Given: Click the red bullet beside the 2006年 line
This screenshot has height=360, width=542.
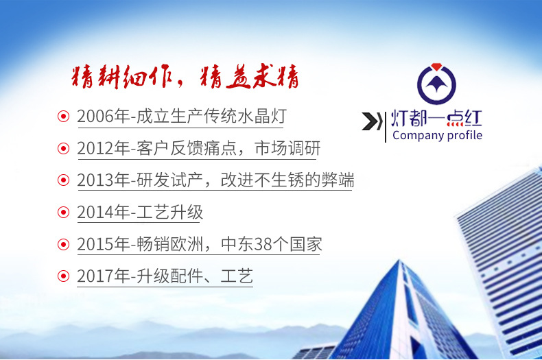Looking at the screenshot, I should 63,117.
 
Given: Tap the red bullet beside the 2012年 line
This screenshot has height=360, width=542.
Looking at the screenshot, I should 63,149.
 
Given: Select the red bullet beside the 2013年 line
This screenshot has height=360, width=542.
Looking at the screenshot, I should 63,180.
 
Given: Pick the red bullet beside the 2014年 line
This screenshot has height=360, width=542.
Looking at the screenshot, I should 63,213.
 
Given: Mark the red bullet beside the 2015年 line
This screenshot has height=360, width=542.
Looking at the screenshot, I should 63,244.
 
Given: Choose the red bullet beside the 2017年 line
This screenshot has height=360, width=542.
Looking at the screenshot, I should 63,276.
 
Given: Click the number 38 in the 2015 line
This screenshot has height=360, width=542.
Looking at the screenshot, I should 263,244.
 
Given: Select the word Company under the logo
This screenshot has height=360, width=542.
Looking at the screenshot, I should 418,136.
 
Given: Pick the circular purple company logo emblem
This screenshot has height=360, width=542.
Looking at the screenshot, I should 436,84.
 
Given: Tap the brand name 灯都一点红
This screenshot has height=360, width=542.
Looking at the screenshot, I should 436,118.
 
